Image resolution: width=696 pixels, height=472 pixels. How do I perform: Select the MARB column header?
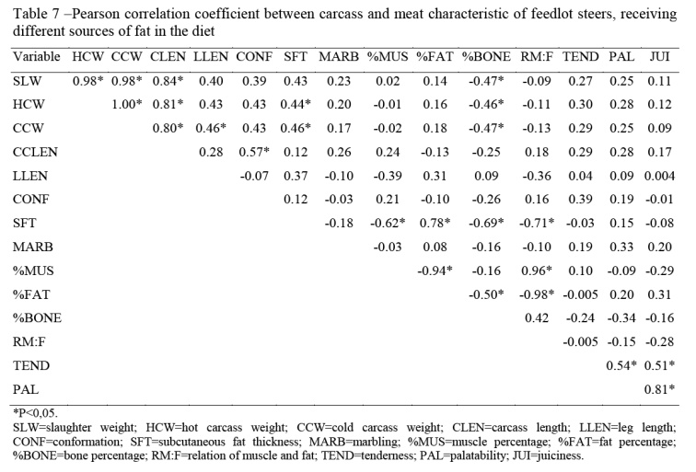coord(335,57)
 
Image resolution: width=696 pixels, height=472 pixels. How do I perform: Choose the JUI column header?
coord(660,57)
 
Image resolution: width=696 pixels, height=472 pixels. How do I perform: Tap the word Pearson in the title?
coord(99,12)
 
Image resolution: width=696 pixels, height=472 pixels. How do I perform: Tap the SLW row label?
coord(28,80)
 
